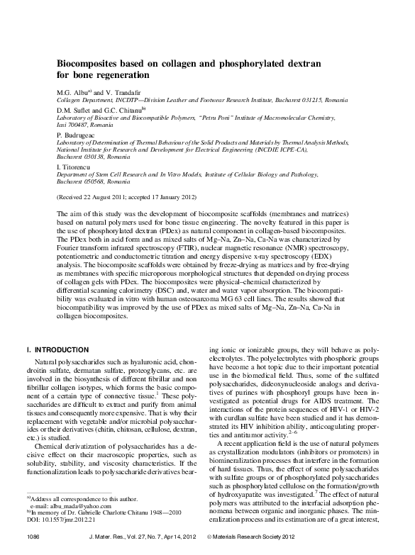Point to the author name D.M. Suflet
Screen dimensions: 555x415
pyautogui.click(x=75, y=111)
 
